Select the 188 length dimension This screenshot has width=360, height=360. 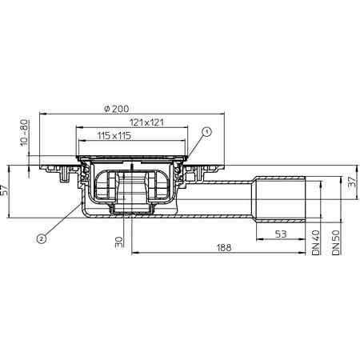tap(224, 248)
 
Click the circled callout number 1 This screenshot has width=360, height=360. tap(206, 131)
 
